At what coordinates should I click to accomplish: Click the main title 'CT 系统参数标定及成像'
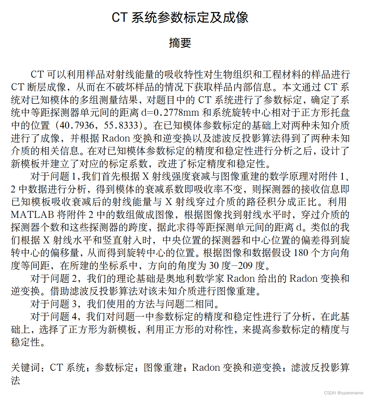180,17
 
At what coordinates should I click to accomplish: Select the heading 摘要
180,43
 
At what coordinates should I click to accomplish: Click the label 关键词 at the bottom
26,368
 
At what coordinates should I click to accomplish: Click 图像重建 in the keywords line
163,368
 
